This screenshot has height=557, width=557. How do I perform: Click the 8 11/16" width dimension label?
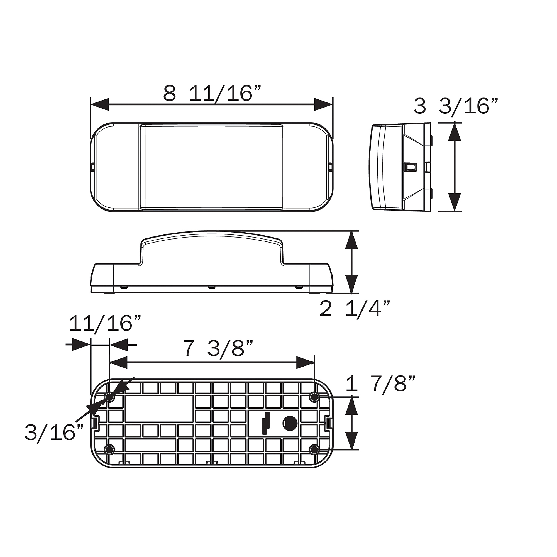point(212,93)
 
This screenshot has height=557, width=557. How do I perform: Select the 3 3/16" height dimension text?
point(456,106)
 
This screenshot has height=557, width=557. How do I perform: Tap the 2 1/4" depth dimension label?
point(355,309)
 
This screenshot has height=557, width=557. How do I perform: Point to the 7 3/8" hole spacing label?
point(218,349)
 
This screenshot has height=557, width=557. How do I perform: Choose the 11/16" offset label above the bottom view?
point(105,323)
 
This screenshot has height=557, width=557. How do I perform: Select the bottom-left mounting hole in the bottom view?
point(109,449)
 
